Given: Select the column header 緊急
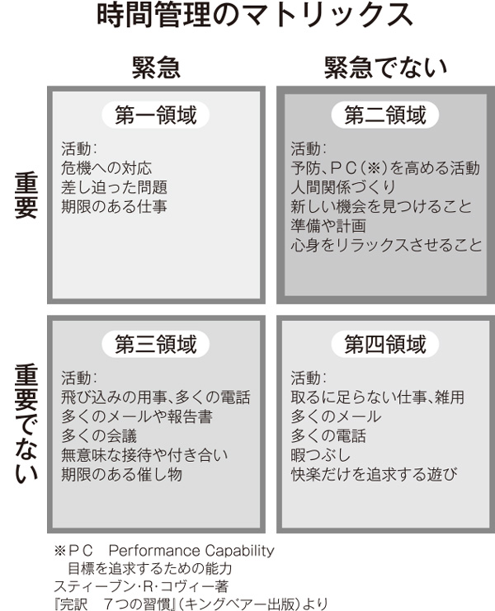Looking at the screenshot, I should [156, 68].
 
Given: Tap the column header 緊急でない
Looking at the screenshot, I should [385, 68].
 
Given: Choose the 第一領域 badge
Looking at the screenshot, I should [156, 115].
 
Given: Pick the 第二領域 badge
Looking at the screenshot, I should [385, 115].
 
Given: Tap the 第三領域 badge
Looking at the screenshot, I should [156, 342].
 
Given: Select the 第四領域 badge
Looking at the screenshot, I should [385, 342].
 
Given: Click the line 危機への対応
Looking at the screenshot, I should [106, 168].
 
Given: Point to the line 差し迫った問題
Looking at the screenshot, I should [114, 187].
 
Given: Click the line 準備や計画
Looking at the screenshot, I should [328, 225].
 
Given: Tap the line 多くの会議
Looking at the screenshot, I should [99, 435].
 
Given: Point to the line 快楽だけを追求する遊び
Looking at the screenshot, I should [374, 474].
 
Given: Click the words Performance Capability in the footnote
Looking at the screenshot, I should [191, 550].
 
